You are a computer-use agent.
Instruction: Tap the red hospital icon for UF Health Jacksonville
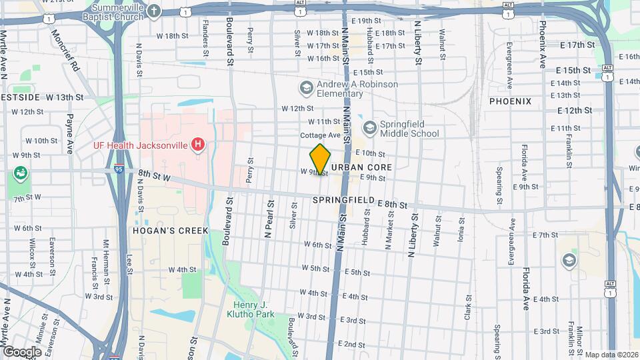[197, 144]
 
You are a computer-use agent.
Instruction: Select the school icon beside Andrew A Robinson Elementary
[306, 89]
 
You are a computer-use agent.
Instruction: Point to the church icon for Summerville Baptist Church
[154, 12]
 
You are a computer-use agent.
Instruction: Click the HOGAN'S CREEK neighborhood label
[171, 231]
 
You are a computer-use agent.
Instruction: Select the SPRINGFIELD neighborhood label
[341, 200]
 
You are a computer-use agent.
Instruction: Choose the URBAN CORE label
[361, 167]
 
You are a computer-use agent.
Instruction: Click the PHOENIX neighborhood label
[510, 101]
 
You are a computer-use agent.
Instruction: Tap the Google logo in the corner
[22, 351]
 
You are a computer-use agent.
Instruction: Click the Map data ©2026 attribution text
[611, 355]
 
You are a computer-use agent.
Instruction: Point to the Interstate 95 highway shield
[119, 168]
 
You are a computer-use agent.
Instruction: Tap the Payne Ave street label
[69, 133]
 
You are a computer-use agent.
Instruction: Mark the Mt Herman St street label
[105, 254]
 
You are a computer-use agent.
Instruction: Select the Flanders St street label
[205, 42]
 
